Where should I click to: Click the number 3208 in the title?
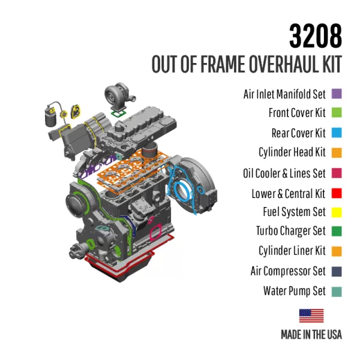[315, 37]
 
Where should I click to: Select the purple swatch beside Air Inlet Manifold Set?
[336, 94]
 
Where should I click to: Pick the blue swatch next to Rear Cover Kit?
[336, 133]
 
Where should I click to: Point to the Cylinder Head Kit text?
[292, 152]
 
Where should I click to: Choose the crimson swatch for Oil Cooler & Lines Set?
[336, 173]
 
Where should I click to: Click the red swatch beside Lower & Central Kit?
[336, 193]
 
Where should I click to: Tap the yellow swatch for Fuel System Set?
[336, 212]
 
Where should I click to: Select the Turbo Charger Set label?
[290, 231]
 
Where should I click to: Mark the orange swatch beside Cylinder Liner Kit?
[336, 251]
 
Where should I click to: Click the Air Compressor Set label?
[288, 271]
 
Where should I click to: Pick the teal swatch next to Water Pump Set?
[336, 291]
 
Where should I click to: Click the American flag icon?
[311, 315]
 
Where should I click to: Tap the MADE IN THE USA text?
[311, 334]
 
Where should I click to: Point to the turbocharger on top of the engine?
[117, 95]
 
